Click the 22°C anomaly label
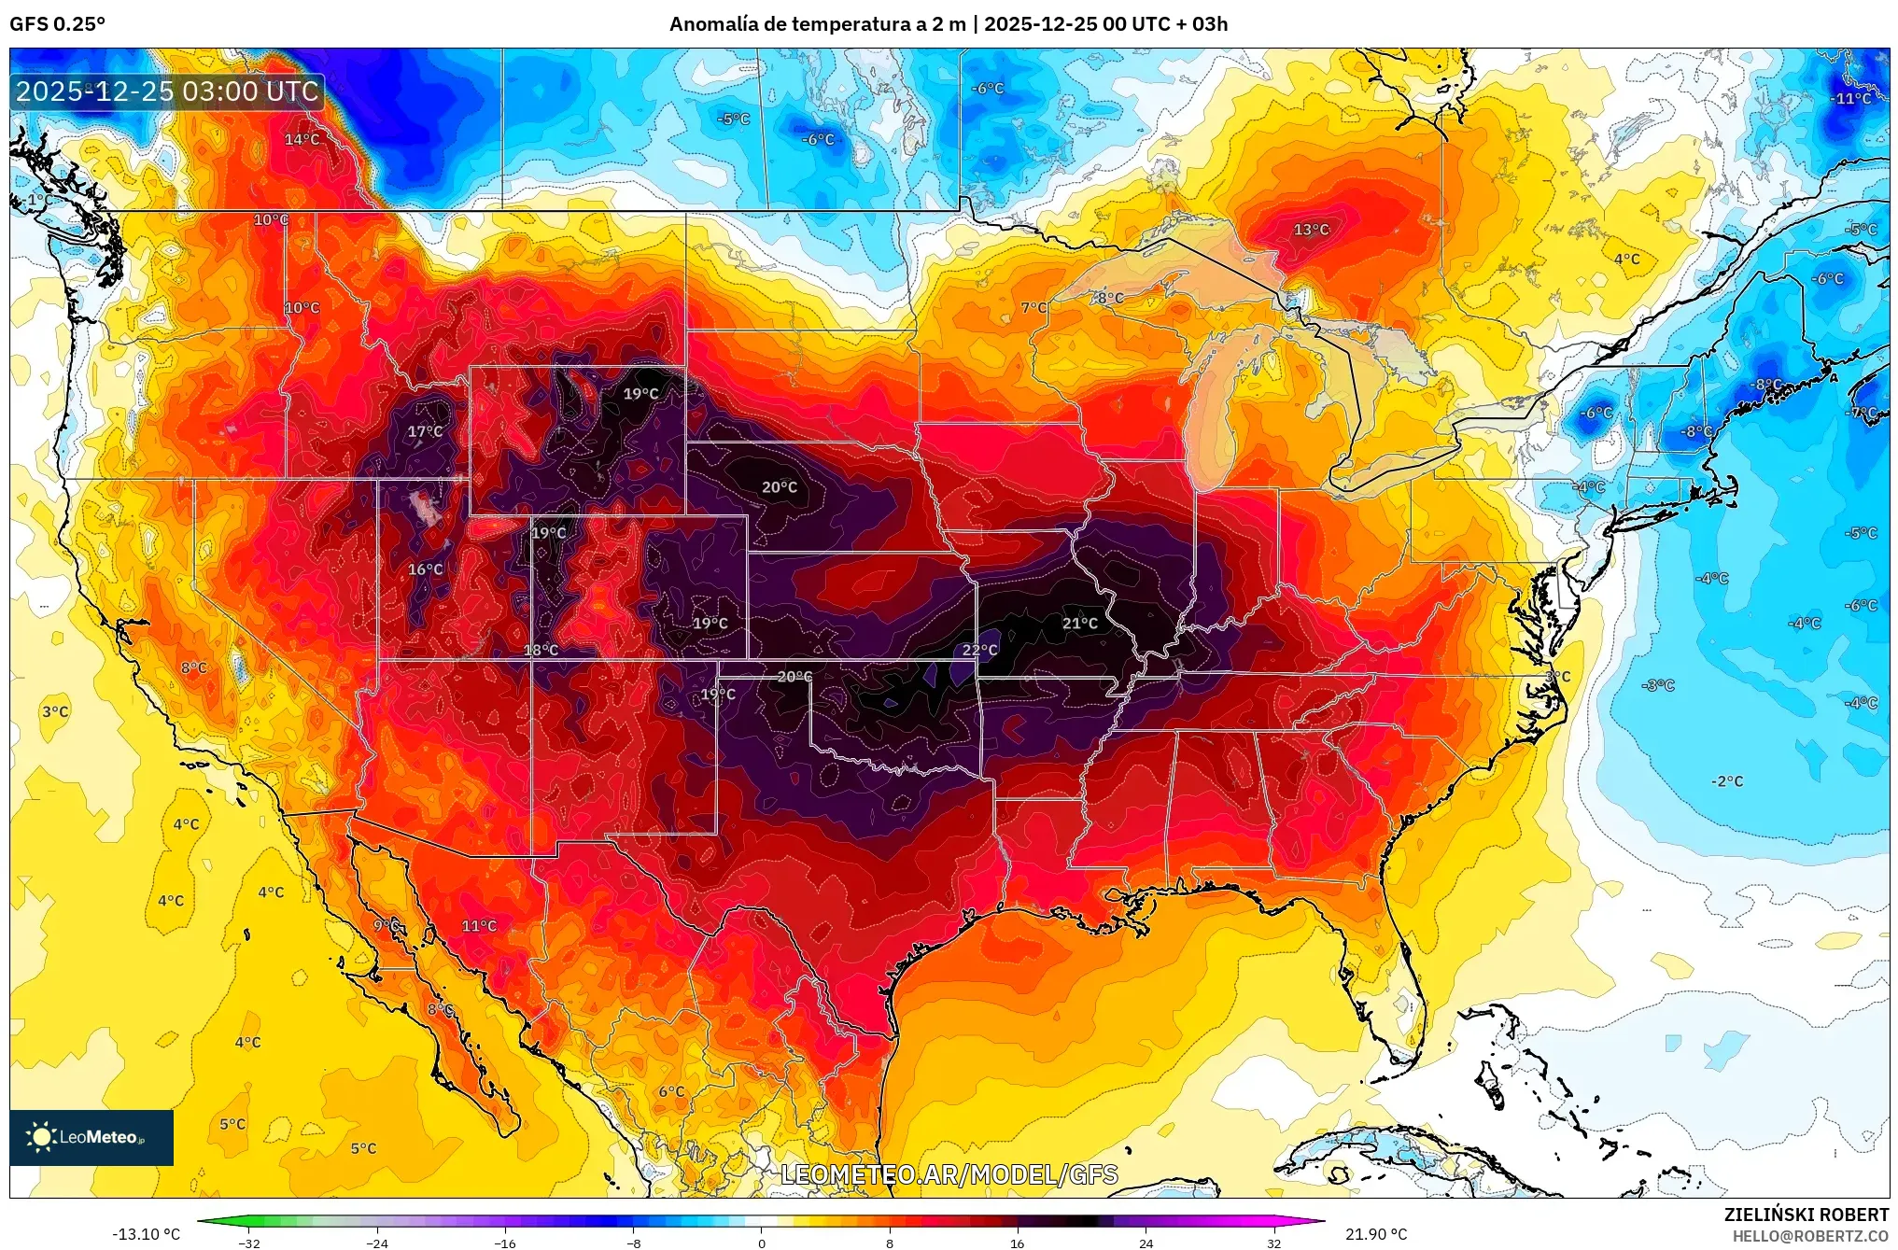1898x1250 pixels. click(x=979, y=650)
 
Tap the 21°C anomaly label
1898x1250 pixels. click(x=1079, y=623)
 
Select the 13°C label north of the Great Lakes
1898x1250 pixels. click(x=1311, y=230)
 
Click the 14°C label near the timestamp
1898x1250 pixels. click(x=302, y=139)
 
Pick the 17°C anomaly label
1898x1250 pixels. click(x=425, y=431)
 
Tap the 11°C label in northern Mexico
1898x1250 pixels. click(x=479, y=925)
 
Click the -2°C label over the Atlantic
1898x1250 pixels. click(x=1726, y=780)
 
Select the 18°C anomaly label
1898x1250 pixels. click(x=541, y=650)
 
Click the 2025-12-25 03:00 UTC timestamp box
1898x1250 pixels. click(x=167, y=91)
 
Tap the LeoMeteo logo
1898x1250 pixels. click(x=91, y=1137)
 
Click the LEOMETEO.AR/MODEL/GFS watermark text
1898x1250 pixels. click(x=949, y=1174)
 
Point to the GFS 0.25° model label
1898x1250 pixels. click(x=57, y=23)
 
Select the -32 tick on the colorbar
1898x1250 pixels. click(x=249, y=1243)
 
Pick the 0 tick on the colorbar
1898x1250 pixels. click(x=761, y=1243)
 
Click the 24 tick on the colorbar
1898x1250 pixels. click(x=1146, y=1243)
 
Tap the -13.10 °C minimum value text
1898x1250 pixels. click(x=146, y=1234)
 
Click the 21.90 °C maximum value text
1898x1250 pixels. click(x=1375, y=1234)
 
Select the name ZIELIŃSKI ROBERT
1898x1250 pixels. click(x=1806, y=1215)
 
